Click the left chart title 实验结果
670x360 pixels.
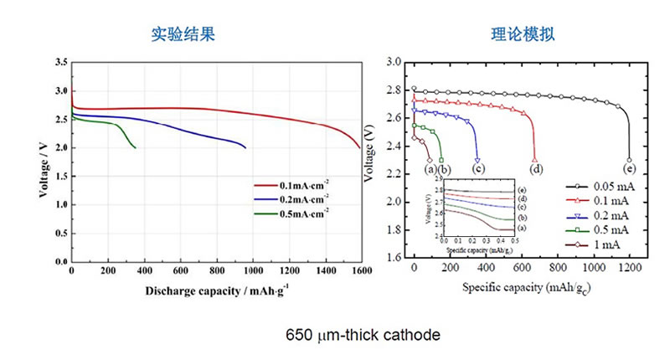(x=183, y=35)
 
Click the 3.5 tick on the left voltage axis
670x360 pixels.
(x=60, y=63)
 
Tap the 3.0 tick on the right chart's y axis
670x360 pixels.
(x=394, y=63)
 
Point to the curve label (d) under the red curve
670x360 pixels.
(x=536, y=169)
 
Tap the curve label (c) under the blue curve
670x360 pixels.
(x=478, y=169)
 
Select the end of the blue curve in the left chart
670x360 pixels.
(x=245, y=148)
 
